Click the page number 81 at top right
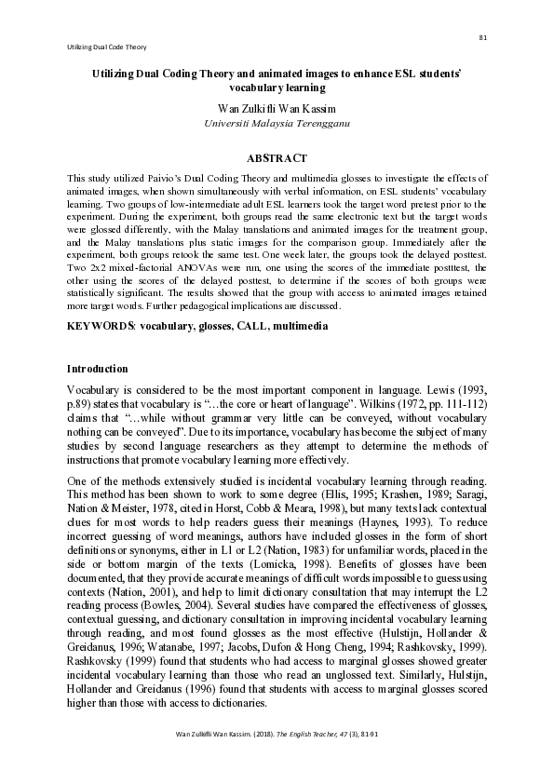click(x=483, y=37)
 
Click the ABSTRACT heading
click(x=277, y=159)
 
